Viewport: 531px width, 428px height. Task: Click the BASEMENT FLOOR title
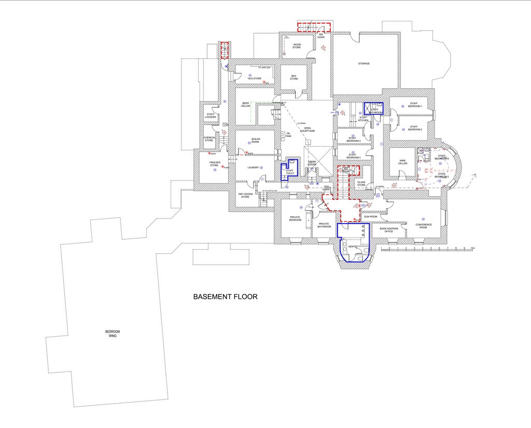[225, 297]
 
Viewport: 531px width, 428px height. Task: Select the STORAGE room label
[364, 63]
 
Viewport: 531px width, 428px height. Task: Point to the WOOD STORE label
[297, 46]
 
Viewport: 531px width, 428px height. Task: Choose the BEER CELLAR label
[246, 104]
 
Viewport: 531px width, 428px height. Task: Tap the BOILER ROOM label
[256, 140]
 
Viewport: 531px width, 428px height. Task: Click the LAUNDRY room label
[253, 167]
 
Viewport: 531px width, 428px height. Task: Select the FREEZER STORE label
[214, 164]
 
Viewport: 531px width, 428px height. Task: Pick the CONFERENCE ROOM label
[424, 225]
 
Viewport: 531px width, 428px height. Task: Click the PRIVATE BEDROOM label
[295, 218]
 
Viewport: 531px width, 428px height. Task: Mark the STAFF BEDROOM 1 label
[414, 105]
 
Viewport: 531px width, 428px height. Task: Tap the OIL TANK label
[288, 135]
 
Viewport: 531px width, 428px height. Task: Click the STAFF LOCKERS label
[211, 116]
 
